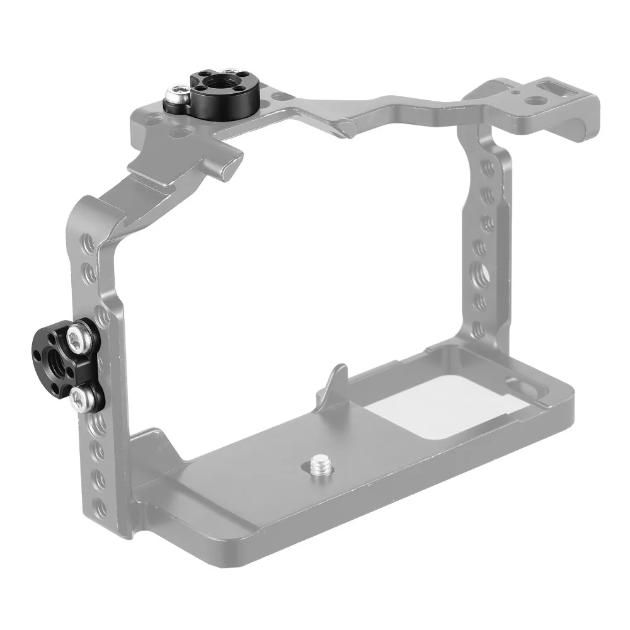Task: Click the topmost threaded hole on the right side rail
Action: (487, 169)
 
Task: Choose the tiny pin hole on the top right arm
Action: (517, 91)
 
